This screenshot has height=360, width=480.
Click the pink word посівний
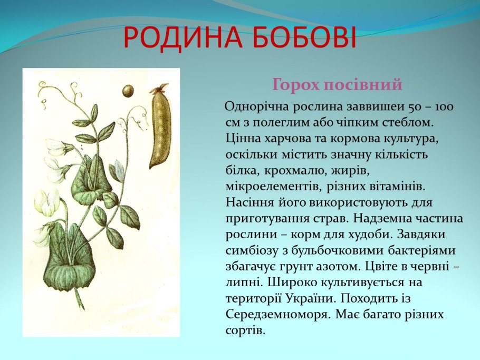click(363, 84)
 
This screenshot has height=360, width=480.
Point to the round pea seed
click(128, 91)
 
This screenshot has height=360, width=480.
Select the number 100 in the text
click(445, 107)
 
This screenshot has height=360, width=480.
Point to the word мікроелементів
click(273, 187)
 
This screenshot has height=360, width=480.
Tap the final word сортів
click(245, 330)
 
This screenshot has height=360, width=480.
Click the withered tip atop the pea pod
click(160, 88)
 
